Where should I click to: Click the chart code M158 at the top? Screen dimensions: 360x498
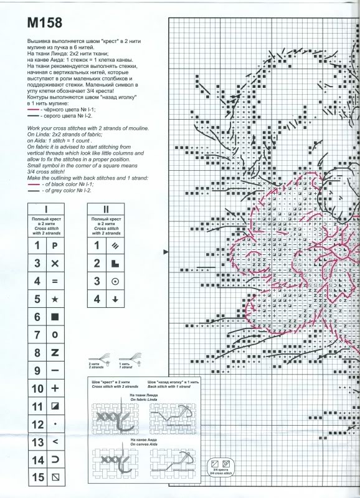(x=45, y=24)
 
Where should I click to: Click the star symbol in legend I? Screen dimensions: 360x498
(x=55, y=299)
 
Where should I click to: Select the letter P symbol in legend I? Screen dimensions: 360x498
(x=55, y=245)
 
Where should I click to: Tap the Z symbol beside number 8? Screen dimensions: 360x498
(x=55, y=353)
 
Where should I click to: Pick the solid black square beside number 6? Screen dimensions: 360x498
(x=55, y=317)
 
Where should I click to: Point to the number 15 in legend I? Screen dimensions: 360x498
(x=37, y=478)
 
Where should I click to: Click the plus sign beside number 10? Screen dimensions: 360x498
(x=55, y=388)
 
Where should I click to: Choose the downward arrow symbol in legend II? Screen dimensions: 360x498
(x=115, y=299)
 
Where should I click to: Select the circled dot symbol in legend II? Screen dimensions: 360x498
(x=115, y=281)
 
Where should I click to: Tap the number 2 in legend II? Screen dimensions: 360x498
(x=97, y=263)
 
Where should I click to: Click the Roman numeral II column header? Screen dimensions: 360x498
(x=105, y=209)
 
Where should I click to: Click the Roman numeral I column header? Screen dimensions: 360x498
(x=46, y=209)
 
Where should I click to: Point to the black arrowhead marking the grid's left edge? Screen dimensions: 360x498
(x=165, y=252)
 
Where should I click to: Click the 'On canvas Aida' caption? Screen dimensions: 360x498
(x=142, y=441)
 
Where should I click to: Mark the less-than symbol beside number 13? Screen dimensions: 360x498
(x=55, y=442)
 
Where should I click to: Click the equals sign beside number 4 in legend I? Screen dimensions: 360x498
(x=55, y=281)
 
